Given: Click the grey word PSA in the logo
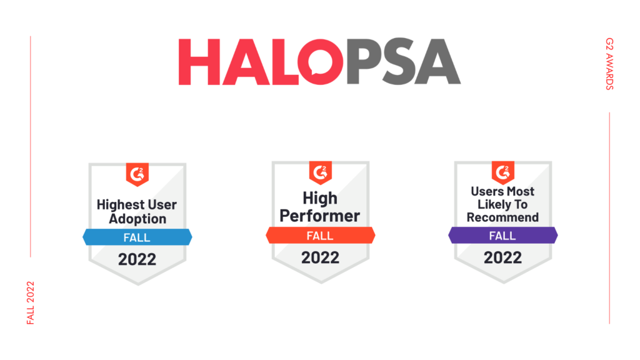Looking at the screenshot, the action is [x=403, y=62].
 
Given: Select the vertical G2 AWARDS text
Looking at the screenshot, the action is [x=609, y=64].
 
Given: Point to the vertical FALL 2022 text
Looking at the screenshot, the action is [x=31, y=303].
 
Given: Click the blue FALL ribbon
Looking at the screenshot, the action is [x=137, y=237].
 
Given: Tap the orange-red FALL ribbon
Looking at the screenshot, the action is [x=321, y=236].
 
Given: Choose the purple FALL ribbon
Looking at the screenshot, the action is [x=503, y=236].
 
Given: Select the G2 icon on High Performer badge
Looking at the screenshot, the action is [x=321, y=172].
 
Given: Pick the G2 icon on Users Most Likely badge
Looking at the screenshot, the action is [x=503, y=172].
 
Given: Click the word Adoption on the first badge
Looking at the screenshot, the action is [x=137, y=219].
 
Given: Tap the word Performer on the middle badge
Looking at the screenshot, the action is [x=320, y=216].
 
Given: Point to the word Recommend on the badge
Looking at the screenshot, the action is [x=503, y=217].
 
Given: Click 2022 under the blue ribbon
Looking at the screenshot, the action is [x=137, y=259].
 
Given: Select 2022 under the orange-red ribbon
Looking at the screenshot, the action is [x=321, y=257].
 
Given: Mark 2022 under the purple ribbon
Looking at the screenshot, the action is [x=503, y=257].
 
